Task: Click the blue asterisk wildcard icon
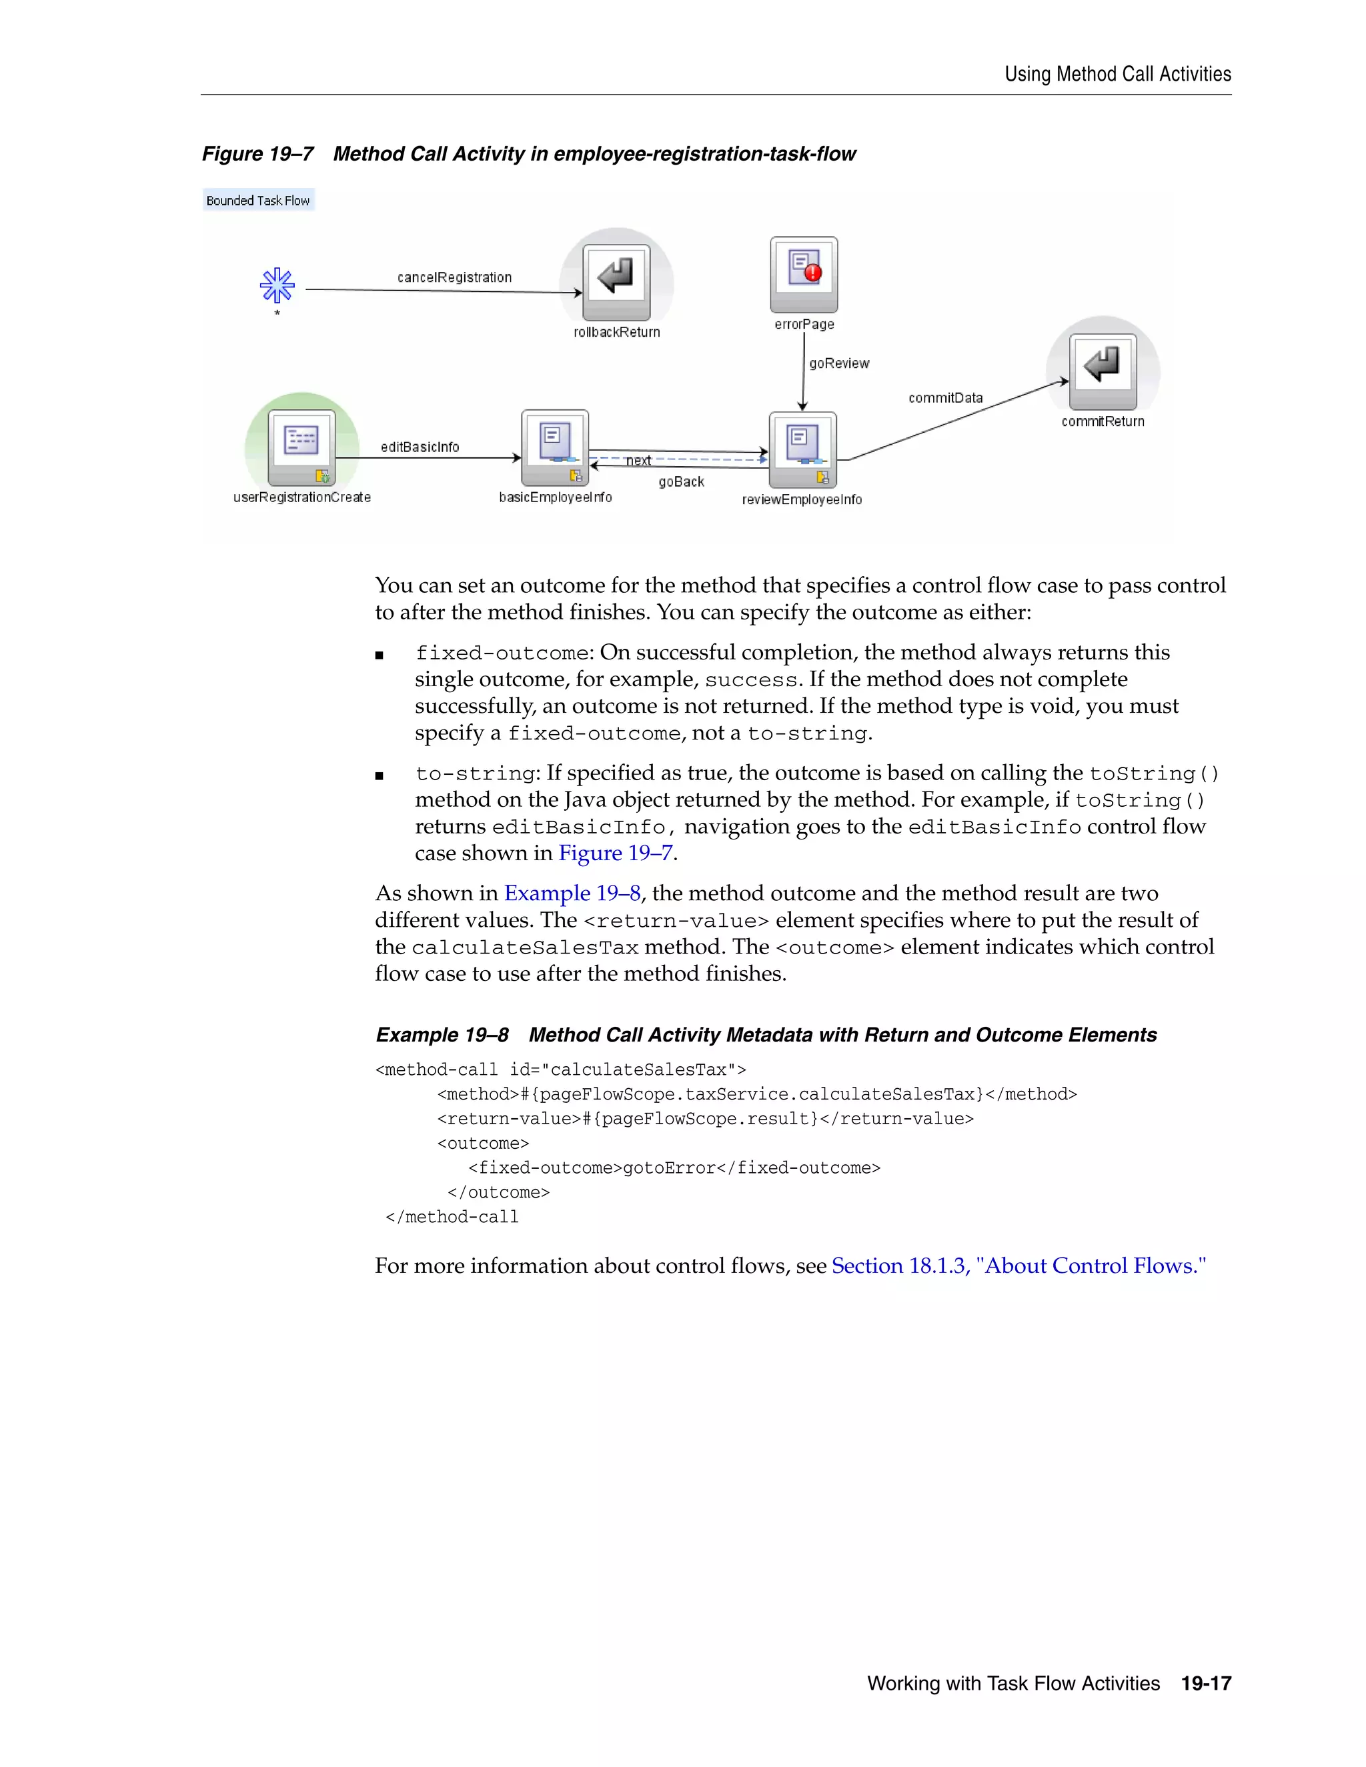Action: click(277, 285)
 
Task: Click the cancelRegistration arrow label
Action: click(454, 277)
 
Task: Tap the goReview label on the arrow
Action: click(839, 363)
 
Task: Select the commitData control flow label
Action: click(945, 398)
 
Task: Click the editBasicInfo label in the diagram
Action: click(420, 447)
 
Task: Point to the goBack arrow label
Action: click(682, 482)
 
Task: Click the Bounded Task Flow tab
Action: click(258, 201)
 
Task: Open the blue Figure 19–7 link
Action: click(615, 853)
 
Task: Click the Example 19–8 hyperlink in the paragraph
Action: click(572, 894)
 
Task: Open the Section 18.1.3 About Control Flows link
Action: click(1018, 1266)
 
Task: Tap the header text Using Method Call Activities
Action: click(1118, 75)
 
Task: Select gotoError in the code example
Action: click(669, 1168)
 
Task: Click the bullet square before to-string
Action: click(380, 776)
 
